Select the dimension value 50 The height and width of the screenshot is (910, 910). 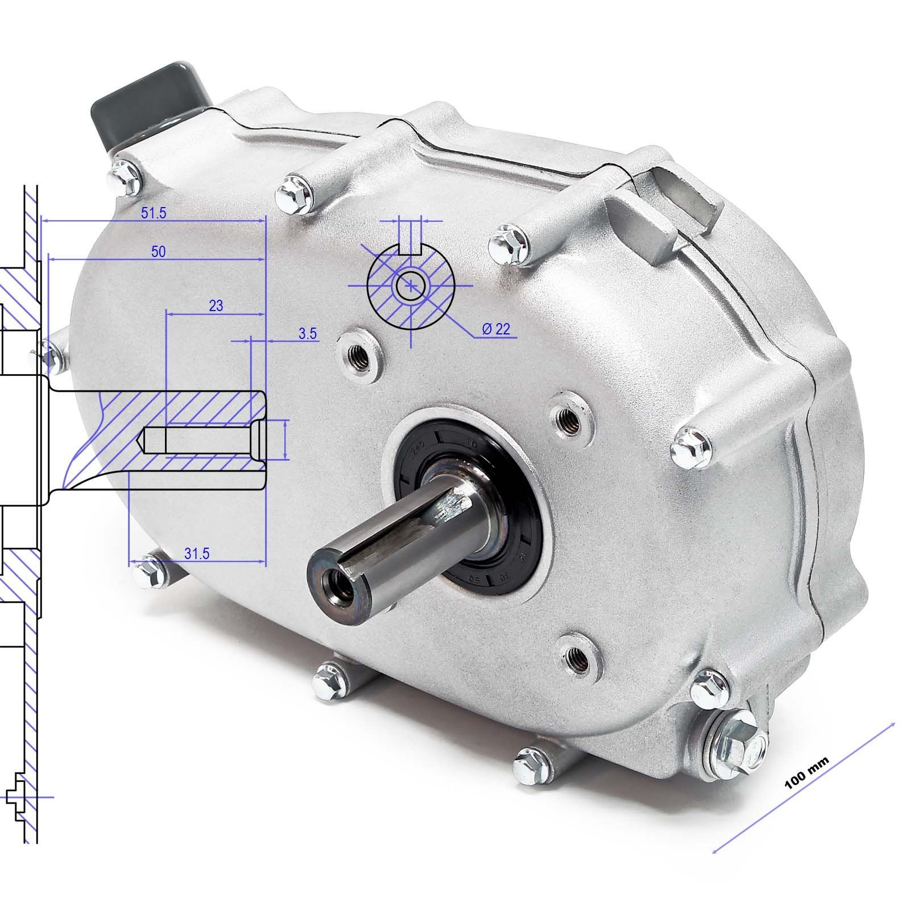click(158, 251)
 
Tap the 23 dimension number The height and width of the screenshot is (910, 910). click(216, 305)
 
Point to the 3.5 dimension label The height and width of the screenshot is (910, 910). click(307, 334)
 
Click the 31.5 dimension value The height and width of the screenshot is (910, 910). click(197, 553)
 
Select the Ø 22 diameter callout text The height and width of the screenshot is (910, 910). click(495, 329)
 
